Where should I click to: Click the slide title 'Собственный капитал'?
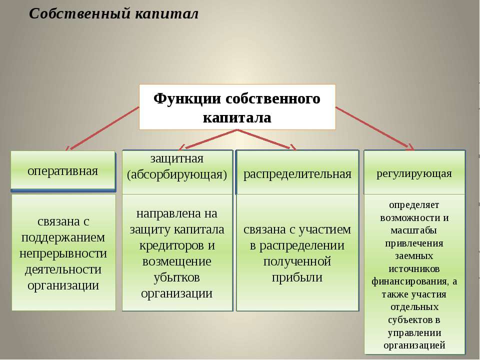(x=113, y=13)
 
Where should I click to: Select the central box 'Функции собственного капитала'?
(x=237, y=107)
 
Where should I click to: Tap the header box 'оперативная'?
(x=63, y=170)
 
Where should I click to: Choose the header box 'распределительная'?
(x=297, y=173)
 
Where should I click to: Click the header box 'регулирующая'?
(x=414, y=173)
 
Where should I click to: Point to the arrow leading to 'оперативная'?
(x=102, y=128)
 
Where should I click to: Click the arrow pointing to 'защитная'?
(x=207, y=138)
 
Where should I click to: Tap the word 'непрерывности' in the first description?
(x=63, y=253)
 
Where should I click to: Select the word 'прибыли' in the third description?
(x=297, y=277)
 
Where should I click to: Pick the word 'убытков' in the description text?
(x=177, y=277)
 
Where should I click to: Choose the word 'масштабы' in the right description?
(x=414, y=230)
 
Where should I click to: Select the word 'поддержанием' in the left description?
(x=63, y=237)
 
